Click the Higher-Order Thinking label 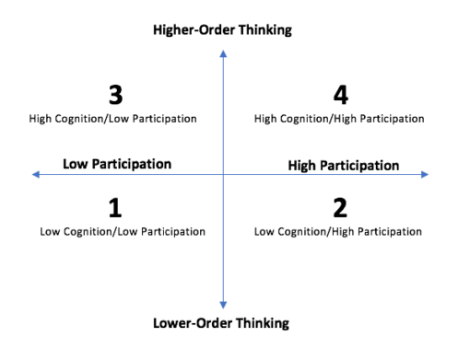click(222, 30)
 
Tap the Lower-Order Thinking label click(222, 323)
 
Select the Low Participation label click(117, 164)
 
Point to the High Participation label click(343, 166)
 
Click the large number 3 click(115, 95)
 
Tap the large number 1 click(115, 208)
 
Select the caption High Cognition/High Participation click(339, 119)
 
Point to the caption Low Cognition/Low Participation click(123, 231)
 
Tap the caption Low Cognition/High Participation click(338, 231)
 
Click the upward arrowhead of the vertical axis click(223, 52)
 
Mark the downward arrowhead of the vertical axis click(223, 303)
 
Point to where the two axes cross click(223, 174)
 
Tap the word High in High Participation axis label click(302, 166)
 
